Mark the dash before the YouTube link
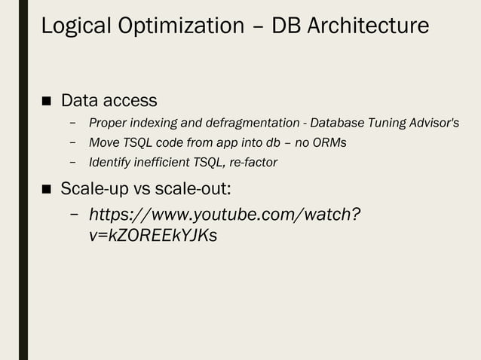(74, 215)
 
